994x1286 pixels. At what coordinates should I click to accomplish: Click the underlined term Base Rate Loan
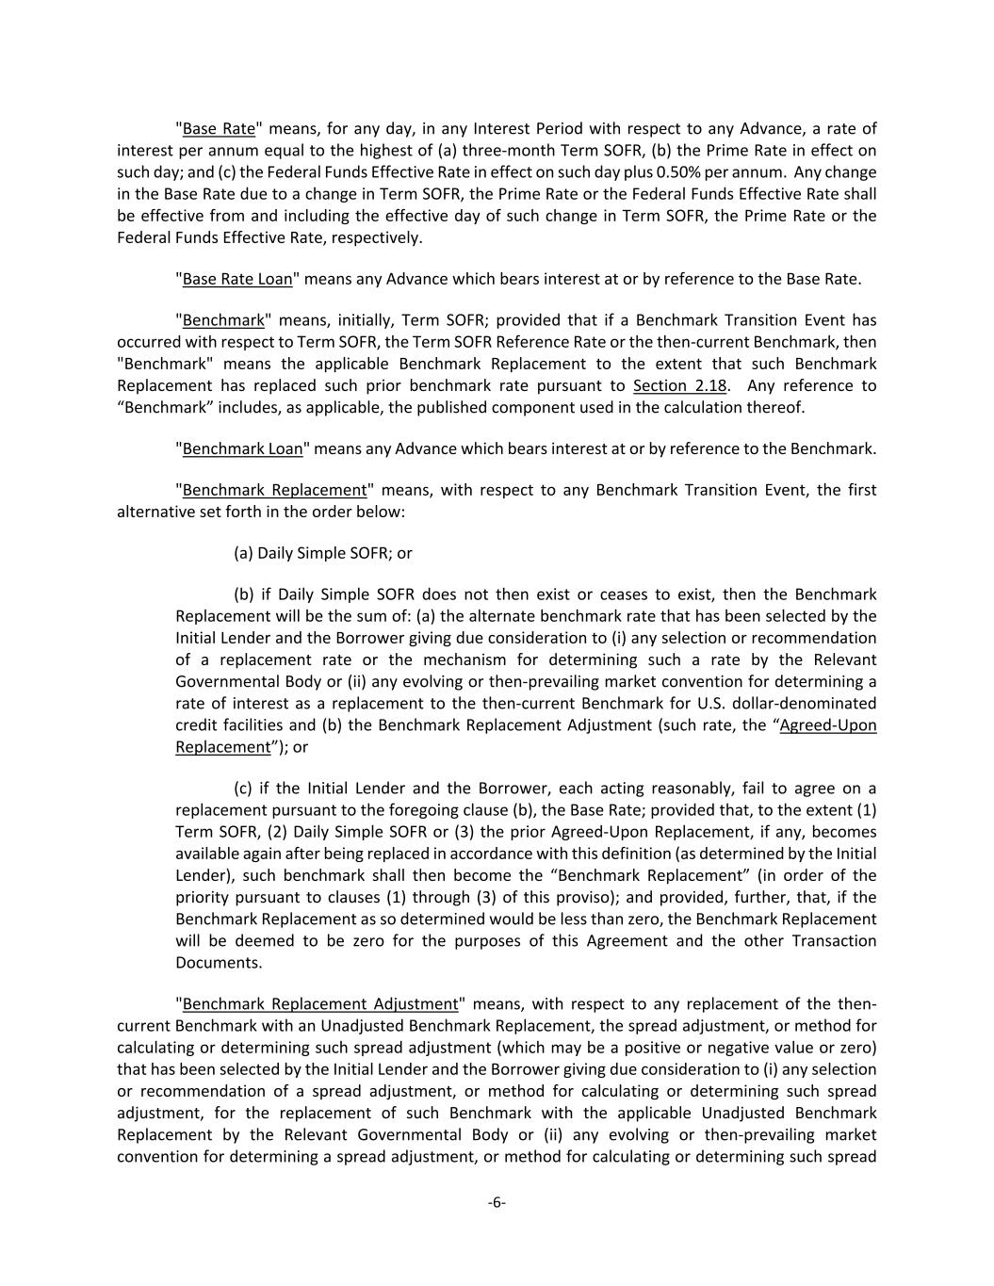click(237, 279)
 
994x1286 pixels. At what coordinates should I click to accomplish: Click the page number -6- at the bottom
click(497, 1202)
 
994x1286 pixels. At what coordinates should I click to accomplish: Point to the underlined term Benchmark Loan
click(242, 448)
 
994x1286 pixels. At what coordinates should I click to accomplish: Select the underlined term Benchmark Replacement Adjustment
click(320, 1004)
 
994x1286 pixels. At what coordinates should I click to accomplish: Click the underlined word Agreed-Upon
click(828, 725)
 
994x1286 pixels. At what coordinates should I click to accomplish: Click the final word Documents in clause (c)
click(219, 963)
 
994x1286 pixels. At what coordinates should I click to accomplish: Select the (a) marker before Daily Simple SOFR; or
click(243, 553)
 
